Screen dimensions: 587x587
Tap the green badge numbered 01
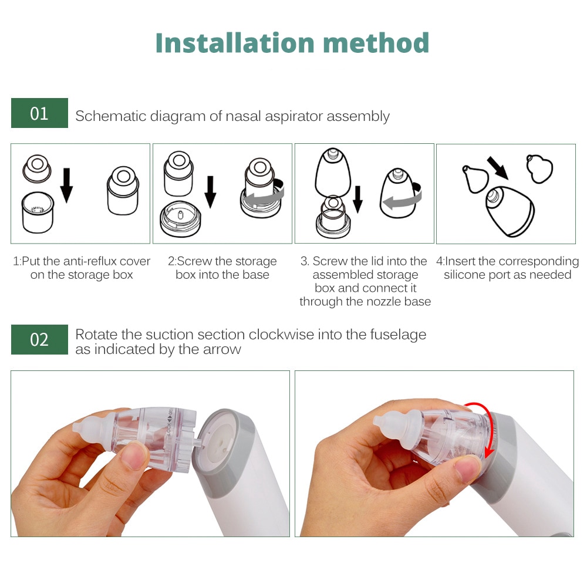point(39,113)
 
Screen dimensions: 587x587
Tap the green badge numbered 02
point(39,339)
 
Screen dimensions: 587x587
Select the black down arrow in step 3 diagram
point(357,199)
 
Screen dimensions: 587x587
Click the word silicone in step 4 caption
point(465,275)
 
